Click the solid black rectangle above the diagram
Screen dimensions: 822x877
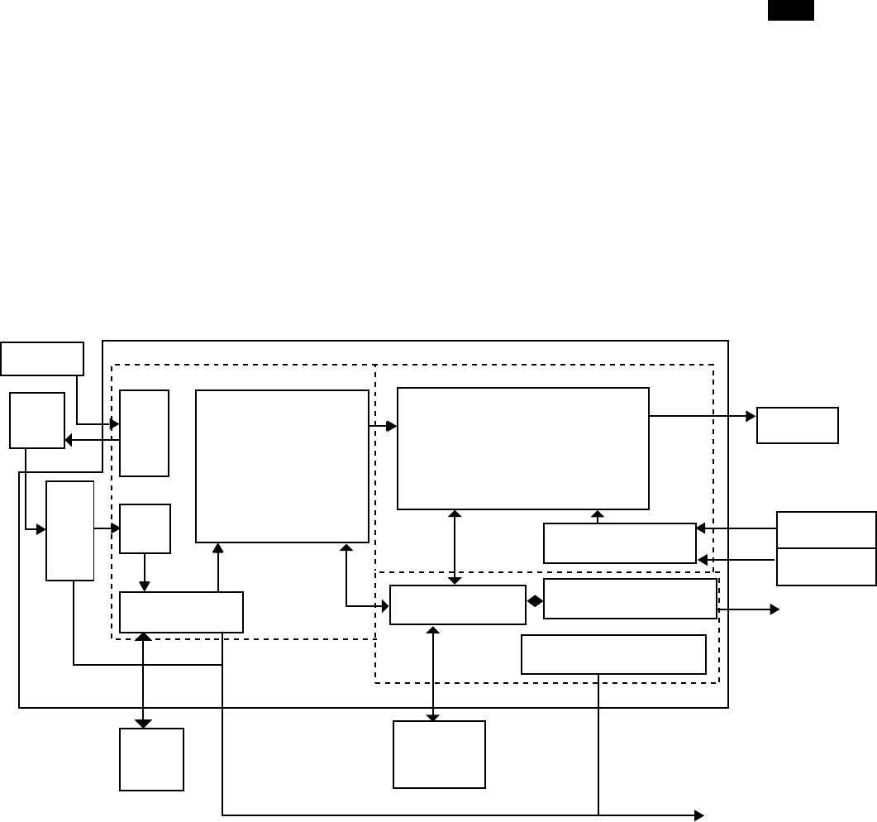pos(791,11)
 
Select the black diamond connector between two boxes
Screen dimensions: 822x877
pos(535,601)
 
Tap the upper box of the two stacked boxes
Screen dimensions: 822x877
pos(826,529)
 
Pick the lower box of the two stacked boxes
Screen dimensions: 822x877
pos(826,566)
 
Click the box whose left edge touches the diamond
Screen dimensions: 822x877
pos(630,599)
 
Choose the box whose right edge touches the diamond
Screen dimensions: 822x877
pos(457,605)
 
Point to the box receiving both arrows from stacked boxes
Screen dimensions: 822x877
pos(619,543)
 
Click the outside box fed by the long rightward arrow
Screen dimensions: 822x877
pos(797,425)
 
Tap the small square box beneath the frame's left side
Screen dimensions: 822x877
pos(151,759)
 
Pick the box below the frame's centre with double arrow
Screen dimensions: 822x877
pos(439,754)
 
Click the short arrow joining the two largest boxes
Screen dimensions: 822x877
pos(383,426)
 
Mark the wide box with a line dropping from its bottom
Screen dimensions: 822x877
pos(613,655)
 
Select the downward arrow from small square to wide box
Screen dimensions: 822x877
pos(145,572)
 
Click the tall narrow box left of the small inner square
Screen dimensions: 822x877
pos(69,530)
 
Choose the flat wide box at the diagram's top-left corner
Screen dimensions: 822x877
pos(42,358)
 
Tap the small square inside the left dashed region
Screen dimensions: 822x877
pos(145,528)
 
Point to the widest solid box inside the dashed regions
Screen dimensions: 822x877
pos(522,448)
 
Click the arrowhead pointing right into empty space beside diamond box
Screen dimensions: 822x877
pos(775,609)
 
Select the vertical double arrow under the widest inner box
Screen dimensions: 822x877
pos(455,547)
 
